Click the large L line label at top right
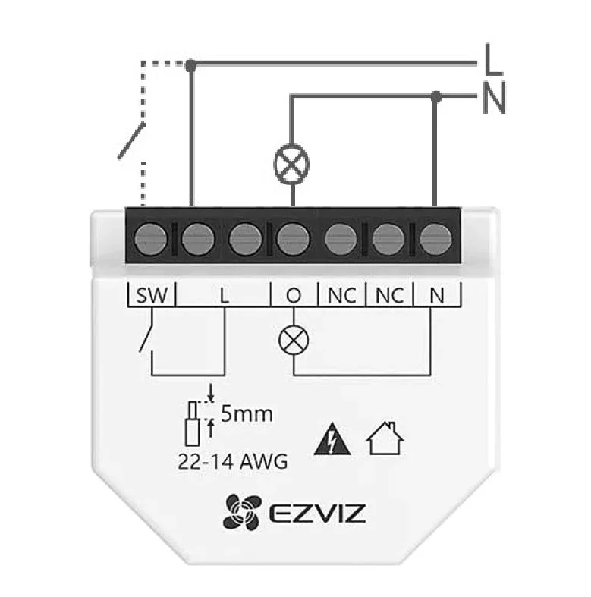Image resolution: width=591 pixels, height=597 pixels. pyautogui.click(x=494, y=59)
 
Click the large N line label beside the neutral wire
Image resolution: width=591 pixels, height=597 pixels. pyautogui.click(x=494, y=97)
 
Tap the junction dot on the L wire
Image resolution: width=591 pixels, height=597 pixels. pyautogui.click(x=191, y=65)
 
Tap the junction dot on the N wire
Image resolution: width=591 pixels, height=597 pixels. pyautogui.click(x=436, y=96)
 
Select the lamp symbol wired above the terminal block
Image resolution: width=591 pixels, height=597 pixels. pyautogui.click(x=291, y=164)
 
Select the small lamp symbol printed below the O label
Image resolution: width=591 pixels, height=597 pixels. pyautogui.click(x=294, y=341)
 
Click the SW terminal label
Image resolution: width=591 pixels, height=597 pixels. pyautogui.click(x=152, y=295)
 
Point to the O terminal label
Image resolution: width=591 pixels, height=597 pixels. pyautogui.click(x=294, y=295)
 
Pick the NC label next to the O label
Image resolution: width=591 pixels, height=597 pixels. pyautogui.click(x=342, y=295)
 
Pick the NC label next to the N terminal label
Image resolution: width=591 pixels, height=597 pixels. pyautogui.click(x=389, y=295)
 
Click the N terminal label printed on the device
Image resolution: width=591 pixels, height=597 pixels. pyautogui.click(x=437, y=295)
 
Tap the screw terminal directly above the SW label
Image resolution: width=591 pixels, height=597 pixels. pyautogui.click(x=151, y=240)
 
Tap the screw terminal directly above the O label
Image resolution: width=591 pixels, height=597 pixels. pyautogui.click(x=293, y=240)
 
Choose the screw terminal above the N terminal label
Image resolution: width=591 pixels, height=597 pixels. pyautogui.click(x=435, y=240)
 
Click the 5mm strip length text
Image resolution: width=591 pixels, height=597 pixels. pyautogui.click(x=247, y=414)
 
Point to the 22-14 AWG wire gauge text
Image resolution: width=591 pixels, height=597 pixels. pyautogui.click(x=233, y=462)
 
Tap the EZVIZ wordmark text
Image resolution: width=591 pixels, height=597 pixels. pyautogui.click(x=317, y=513)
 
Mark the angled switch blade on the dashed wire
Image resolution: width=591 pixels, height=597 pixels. pyautogui.click(x=131, y=140)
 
